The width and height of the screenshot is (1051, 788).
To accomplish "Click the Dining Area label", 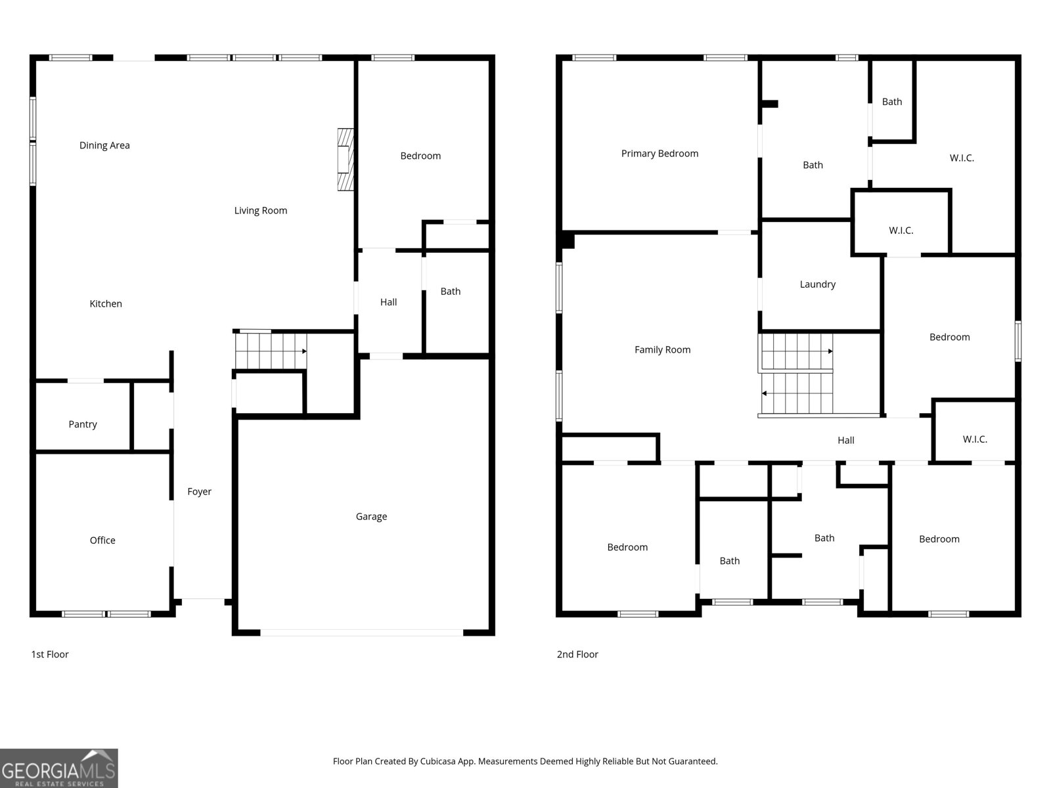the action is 104,145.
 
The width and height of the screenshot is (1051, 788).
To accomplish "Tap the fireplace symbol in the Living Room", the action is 346,160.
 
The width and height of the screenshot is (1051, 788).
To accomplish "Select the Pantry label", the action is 82,424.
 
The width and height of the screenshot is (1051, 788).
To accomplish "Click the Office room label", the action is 102,540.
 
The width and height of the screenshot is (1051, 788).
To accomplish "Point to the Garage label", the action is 371,517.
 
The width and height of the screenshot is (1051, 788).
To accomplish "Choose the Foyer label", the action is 199,492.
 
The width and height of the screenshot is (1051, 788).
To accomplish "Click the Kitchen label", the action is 106,304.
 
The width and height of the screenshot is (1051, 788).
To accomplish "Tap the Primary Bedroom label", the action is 660,154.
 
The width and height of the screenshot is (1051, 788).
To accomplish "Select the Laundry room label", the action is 817,284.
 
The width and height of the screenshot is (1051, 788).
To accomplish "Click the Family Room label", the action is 662,350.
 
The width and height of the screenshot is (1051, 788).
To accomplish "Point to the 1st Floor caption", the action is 50,654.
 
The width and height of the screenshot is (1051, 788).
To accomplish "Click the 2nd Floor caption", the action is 577,654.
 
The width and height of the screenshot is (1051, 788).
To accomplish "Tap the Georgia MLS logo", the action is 59,768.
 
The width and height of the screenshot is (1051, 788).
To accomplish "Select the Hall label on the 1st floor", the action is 388,302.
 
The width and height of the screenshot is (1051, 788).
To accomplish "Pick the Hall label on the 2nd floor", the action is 845,441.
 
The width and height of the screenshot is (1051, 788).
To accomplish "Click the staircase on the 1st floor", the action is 271,351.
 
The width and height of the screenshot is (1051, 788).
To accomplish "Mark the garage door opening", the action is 361,632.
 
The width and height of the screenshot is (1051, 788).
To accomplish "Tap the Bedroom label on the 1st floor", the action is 420,156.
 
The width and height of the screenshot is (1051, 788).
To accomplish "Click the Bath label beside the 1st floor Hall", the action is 450,292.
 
